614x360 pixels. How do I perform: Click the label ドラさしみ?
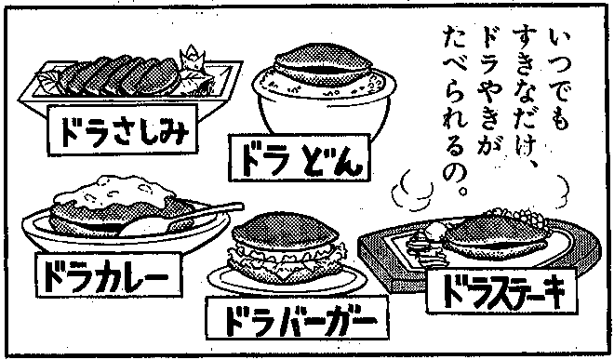point(123,129)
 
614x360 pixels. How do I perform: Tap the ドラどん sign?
point(300,158)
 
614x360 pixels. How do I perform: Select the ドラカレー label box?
point(109,274)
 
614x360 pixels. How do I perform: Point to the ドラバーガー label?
point(298,318)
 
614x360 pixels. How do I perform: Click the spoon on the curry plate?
point(184,220)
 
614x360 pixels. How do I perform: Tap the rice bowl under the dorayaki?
point(324,107)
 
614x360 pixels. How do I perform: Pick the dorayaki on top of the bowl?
point(323,64)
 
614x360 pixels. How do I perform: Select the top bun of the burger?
point(285,231)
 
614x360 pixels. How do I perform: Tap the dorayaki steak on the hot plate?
point(498,236)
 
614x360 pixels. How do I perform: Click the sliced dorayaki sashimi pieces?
point(119,76)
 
